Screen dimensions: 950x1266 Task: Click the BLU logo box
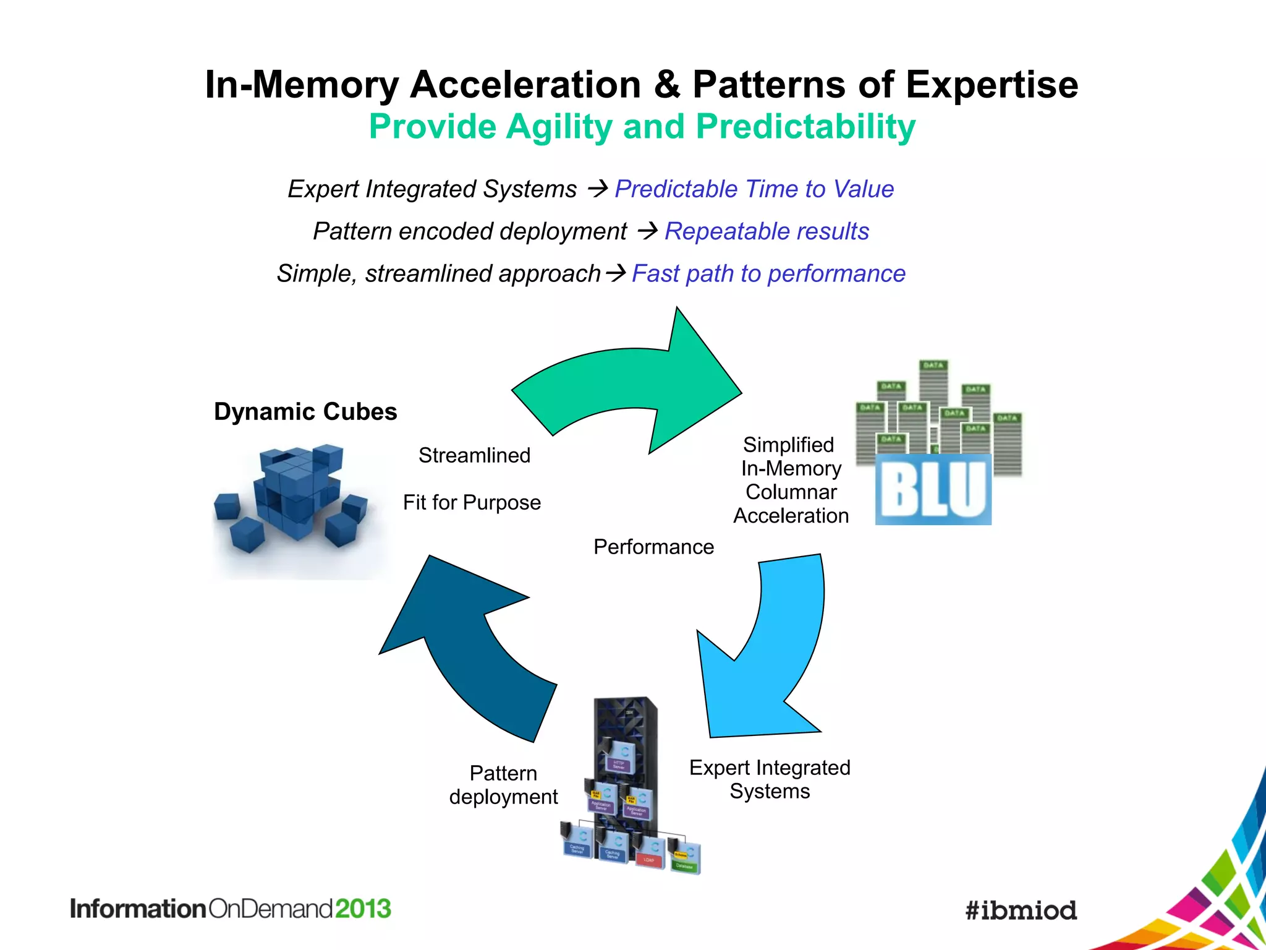(933, 490)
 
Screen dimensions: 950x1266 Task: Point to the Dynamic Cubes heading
(305, 412)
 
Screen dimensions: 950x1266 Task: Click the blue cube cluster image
(291, 501)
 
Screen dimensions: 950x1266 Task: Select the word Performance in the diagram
(653, 547)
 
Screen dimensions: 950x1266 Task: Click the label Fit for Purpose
(472, 502)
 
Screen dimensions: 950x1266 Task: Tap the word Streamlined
(474, 455)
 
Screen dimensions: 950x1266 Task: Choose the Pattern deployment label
(503, 785)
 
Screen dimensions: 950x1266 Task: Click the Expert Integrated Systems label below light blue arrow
(770, 779)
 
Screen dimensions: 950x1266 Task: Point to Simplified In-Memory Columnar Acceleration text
(791, 480)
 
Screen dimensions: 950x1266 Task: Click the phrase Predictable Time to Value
(754, 189)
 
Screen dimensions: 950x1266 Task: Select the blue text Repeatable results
(767, 231)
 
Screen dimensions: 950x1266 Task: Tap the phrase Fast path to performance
(768, 273)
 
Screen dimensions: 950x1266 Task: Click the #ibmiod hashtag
(1021, 910)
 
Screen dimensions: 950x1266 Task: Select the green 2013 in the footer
(363, 909)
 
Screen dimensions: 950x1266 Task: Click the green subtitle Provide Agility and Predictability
(642, 127)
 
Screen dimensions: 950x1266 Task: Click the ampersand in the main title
(666, 84)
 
